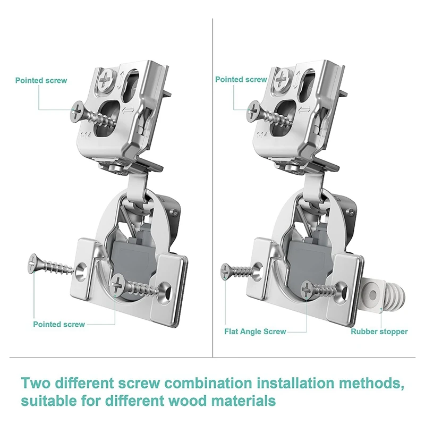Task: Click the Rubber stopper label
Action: pos(379,331)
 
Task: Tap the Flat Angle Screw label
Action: pos(255,331)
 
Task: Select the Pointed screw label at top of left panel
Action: pos(41,81)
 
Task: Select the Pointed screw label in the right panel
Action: pos(241,79)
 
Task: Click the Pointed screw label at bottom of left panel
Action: pos(59,324)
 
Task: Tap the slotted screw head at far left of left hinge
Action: pos(33,263)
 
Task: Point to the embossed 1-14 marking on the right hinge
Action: pos(262,134)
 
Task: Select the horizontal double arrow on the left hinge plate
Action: pos(128,110)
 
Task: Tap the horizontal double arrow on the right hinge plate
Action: pos(304,110)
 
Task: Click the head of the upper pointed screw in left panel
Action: pos(76,111)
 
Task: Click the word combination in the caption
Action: pos(209,383)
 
